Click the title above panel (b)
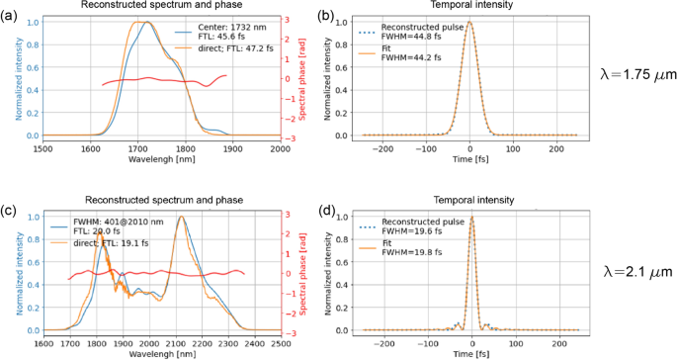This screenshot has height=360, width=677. click(x=470, y=6)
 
